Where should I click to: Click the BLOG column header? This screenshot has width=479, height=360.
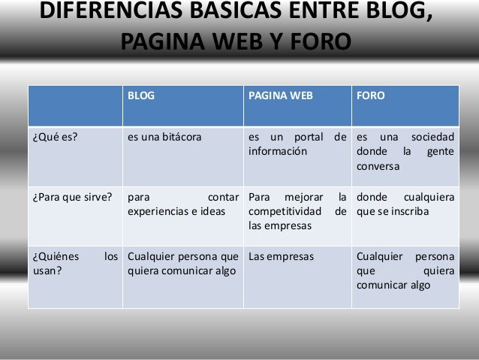pos(141,97)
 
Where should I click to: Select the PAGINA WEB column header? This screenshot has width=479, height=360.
pos(281,97)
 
